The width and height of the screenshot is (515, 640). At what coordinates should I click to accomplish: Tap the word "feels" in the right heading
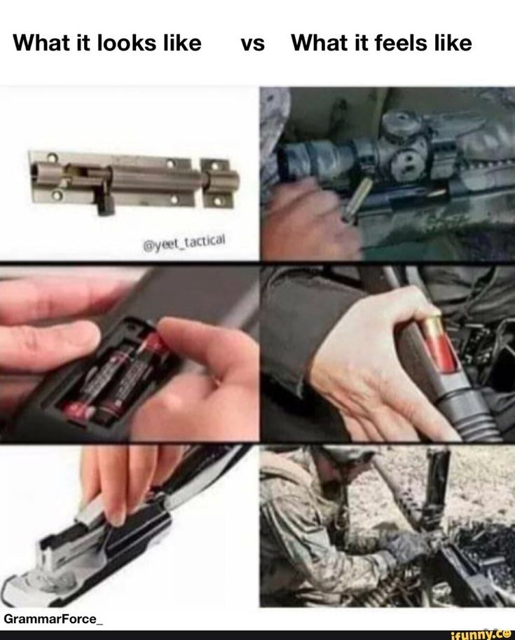pos(399,43)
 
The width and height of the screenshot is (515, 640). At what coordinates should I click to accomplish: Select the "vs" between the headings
pos(253,44)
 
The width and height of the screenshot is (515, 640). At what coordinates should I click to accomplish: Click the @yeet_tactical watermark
pos(184,243)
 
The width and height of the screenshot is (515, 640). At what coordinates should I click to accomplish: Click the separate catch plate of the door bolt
pos(219,183)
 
